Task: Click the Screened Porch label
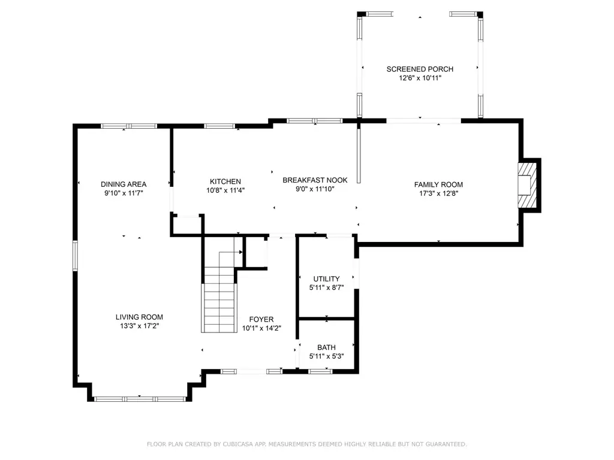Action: pos(420,69)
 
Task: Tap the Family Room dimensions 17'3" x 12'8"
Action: pos(438,193)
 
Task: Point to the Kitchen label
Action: pos(225,181)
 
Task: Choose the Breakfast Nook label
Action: pos(315,180)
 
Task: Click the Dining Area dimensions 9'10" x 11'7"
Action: pos(124,193)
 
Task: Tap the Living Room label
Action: pos(139,317)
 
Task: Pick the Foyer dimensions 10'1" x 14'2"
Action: pos(261,328)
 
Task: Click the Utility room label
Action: pos(326,279)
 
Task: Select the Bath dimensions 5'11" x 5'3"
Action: pos(327,356)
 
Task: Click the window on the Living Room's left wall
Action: pos(75,256)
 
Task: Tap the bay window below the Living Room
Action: pos(140,399)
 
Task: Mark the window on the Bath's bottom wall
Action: pos(320,371)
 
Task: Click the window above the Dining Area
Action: pos(129,126)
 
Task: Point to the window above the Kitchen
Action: pos(219,126)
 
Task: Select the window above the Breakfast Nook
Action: pos(315,121)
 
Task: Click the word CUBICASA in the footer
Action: pos(237,444)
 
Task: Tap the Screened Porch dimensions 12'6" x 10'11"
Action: pos(420,78)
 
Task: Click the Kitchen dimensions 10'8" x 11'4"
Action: pos(225,190)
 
